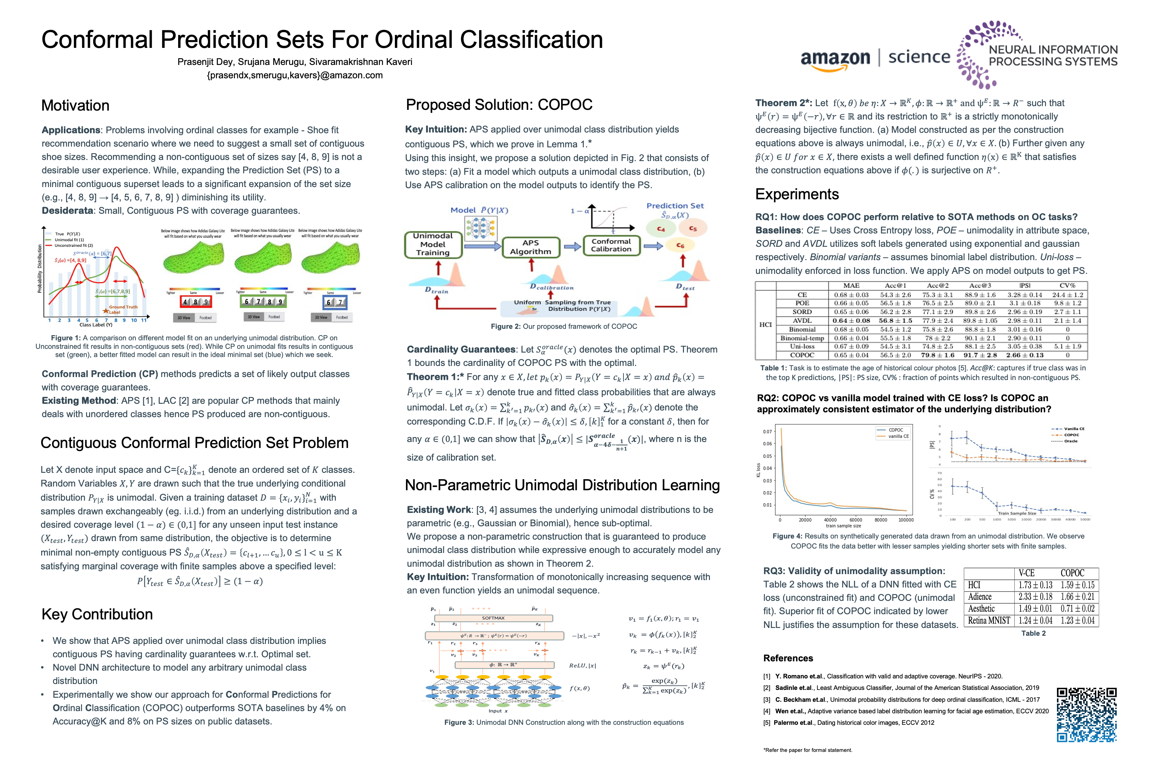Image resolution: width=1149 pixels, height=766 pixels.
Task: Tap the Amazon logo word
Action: click(x=835, y=59)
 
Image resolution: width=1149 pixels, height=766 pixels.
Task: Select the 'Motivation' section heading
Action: click(x=75, y=105)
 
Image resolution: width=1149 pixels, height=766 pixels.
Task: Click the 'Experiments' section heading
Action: click(x=797, y=194)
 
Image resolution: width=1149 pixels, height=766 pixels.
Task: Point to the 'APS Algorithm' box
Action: click(x=531, y=247)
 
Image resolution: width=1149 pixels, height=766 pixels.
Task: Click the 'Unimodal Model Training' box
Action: click(x=433, y=244)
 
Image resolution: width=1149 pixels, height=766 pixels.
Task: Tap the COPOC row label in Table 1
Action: click(x=802, y=355)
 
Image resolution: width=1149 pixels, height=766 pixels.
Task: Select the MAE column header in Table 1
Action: click(x=851, y=286)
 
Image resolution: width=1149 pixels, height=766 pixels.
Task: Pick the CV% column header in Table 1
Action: click(x=1067, y=286)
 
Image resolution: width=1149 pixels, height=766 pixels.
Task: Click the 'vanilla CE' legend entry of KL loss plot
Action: click(x=898, y=436)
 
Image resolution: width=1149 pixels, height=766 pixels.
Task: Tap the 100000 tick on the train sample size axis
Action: click(x=906, y=520)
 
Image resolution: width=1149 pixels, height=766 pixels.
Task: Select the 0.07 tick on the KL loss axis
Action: click(x=767, y=431)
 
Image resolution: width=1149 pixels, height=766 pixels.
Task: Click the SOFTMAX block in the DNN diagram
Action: click(x=493, y=618)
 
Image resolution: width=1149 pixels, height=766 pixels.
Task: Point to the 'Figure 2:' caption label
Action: click(x=505, y=326)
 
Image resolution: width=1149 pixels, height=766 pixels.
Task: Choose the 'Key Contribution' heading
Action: click(x=97, y=614)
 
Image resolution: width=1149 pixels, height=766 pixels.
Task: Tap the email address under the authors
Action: click(x=295, y=75)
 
